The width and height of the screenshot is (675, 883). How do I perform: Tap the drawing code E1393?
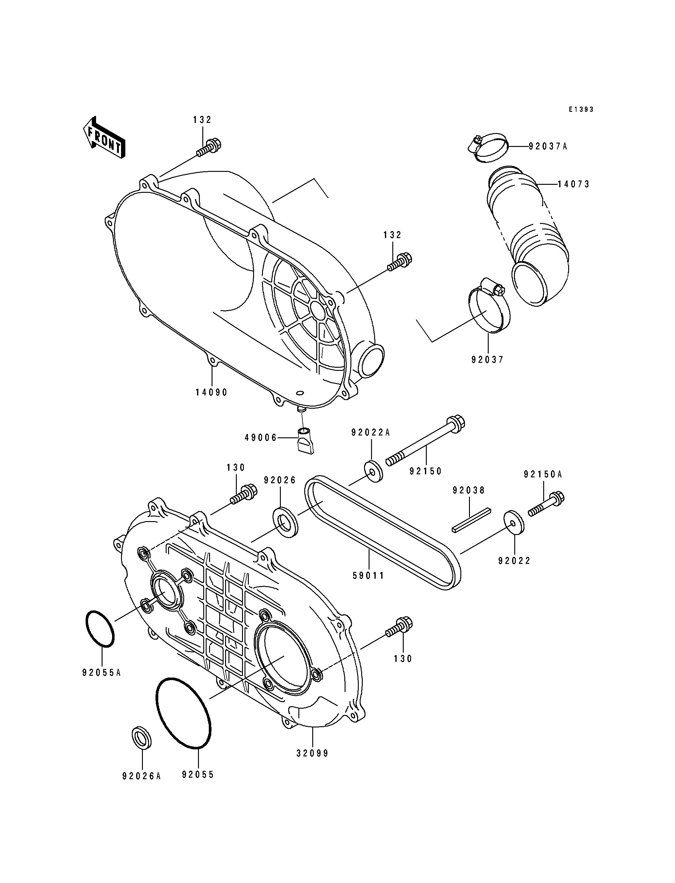(581, 109)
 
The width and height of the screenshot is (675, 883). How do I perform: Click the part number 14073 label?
(573, 184)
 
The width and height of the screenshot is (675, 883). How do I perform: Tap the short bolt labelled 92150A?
(546, 504)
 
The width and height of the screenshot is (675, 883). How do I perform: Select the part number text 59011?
(368, 576)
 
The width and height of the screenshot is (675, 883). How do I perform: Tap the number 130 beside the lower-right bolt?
(403, 659)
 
